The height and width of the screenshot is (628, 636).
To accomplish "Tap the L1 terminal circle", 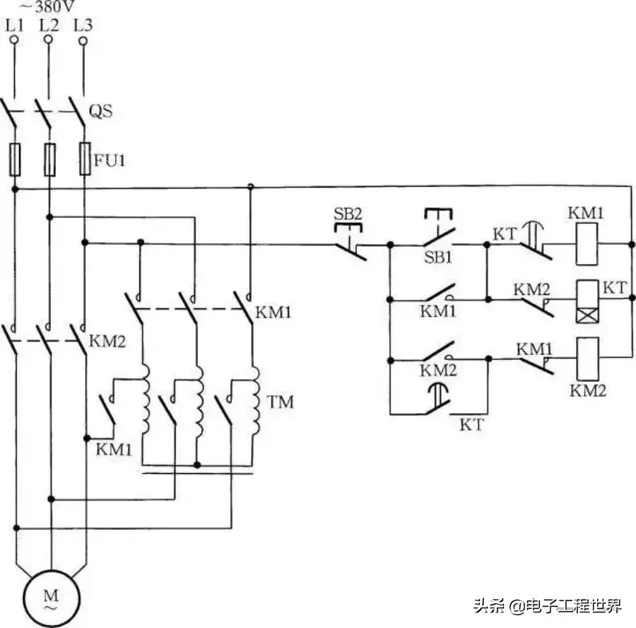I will (x=13, y=40).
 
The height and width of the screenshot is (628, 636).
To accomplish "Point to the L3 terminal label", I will (x=83, y=25).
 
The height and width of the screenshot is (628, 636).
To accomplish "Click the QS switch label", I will (x=101, y=111).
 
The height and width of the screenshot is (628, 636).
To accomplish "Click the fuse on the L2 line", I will (x=49, y=158).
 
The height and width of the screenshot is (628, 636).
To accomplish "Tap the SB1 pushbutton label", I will (x=438, y=257).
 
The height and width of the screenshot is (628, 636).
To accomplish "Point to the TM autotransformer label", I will (x=281, y=402).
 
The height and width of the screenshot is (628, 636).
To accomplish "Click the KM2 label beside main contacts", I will (x=107, y=342).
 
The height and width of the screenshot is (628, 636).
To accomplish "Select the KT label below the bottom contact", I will (x=471, y=425).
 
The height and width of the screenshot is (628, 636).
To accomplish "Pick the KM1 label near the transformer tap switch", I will (x=110, y=448).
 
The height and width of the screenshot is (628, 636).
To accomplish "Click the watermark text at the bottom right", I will (x=548, y=605).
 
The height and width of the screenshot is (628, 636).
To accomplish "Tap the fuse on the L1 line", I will (x=14, y=158).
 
